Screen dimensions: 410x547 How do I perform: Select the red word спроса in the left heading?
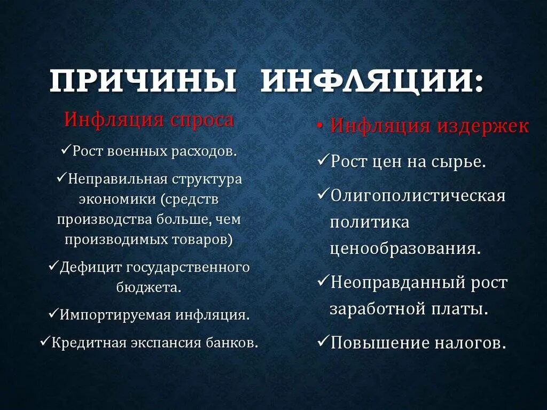[x=202, y=119]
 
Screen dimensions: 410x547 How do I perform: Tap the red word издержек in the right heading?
[x=483, y=127]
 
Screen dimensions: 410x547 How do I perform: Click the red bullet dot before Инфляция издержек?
[x=320, y=127]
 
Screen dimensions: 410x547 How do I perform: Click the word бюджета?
[x=148, y=287]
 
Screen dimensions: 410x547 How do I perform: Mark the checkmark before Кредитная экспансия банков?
[x=45, y=341]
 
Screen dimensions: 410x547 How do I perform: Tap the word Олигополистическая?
[x=418, y=196]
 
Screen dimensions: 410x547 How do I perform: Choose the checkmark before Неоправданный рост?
[x=323, y=281]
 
